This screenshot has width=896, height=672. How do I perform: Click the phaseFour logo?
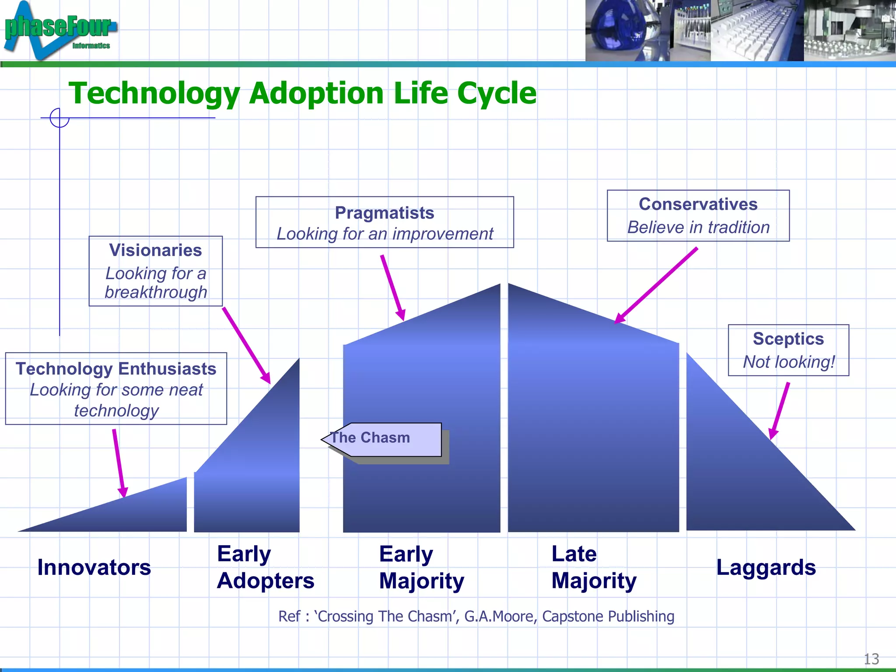point(59,30)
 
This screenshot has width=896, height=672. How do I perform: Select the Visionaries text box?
point(155,271)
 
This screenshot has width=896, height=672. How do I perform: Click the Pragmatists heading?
point(384,213)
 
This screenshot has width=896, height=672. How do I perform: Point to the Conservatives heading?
point(698,204)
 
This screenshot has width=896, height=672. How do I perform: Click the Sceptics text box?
point(788,350)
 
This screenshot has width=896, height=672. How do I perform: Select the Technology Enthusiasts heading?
point(116,369)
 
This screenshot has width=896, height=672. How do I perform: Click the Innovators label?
point(94,567)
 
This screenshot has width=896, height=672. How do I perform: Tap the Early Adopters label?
point(265,567)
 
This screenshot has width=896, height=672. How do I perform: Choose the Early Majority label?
point(421,567)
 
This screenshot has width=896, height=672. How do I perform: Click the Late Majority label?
point(593,567)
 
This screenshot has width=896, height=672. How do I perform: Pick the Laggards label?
point(766,567)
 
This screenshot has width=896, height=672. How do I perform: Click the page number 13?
point(871,659)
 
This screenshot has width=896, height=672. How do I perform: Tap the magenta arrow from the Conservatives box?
point(656,285)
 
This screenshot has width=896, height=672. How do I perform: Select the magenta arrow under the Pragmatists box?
point(392,287)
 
